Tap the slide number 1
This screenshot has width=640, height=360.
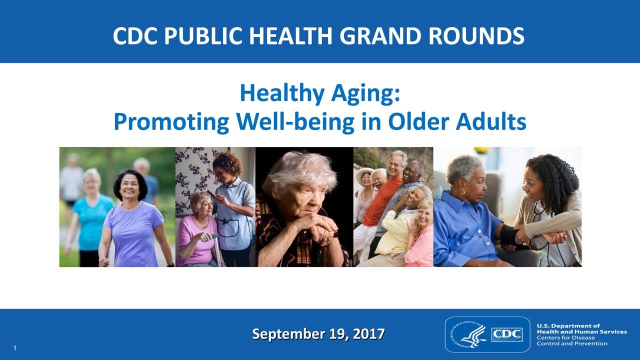pyautogui.click(x=16, y=347)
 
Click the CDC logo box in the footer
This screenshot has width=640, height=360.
pyautogui.click(x=507, y=334)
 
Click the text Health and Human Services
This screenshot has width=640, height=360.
pyautogui.click(x=581, y=331)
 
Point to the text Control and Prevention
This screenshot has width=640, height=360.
pyautogui.click(x=572, y=343)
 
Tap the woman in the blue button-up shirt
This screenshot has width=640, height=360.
pyautogui.click(x=465, y=220)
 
